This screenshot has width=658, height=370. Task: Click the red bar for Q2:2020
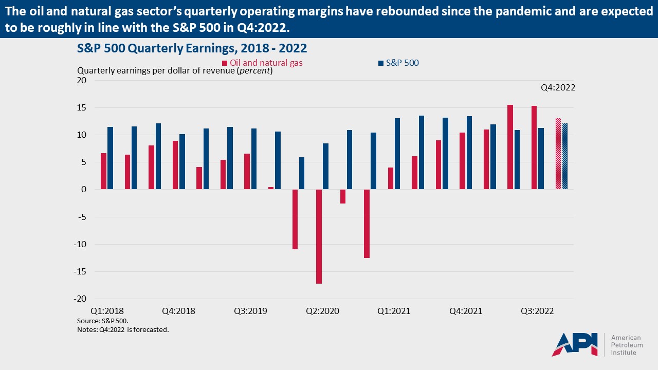319,236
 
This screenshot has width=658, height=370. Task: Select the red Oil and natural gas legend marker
225,63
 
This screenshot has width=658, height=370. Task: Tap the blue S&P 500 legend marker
381,63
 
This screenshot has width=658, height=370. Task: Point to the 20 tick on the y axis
82,80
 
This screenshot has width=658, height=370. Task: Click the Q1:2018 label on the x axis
107,311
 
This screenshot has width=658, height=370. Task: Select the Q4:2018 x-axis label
178,311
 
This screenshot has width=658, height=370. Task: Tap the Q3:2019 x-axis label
250,311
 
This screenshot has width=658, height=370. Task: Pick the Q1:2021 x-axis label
394,311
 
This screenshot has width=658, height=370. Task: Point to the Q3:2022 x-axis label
537,311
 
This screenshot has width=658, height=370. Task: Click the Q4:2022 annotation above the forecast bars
558,88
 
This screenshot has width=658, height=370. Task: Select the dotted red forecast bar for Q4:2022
558,154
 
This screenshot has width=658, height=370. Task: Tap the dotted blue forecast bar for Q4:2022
565,156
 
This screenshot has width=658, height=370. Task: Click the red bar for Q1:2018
103,171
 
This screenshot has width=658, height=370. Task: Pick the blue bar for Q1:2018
110,158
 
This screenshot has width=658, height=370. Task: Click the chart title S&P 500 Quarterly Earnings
192,48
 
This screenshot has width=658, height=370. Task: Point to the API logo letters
575,344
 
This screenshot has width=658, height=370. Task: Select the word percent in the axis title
255,71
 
